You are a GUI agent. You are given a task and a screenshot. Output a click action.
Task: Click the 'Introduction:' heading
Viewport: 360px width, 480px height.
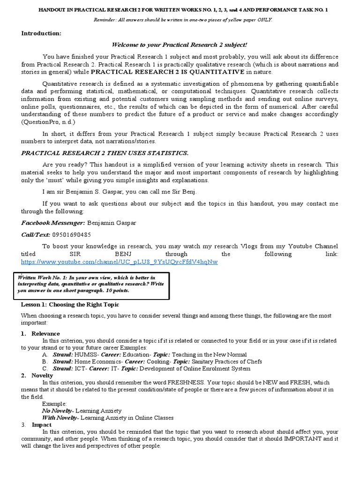41,33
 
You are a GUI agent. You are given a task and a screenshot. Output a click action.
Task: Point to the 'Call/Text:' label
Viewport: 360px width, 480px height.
36,234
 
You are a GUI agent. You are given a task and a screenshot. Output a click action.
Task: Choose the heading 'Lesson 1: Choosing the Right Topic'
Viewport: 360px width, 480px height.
70,304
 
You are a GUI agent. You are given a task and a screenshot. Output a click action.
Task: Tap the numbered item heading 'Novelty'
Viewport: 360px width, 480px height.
42,375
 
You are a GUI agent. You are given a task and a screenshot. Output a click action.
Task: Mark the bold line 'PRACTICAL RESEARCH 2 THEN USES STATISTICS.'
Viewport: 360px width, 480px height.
98,153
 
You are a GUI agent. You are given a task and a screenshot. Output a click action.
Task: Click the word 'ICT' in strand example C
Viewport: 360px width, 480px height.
80,368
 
